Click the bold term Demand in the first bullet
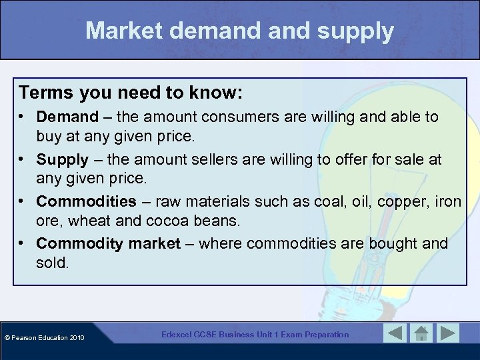tap(67, 117)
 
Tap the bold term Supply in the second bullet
tap(62, 159)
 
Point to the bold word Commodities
tap(86, 201)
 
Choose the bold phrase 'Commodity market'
tap(108, 244)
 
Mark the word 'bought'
tap(388, 244)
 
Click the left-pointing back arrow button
tap(395, 333)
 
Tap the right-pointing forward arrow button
tap(447, 333)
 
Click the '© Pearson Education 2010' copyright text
tap(45, 338)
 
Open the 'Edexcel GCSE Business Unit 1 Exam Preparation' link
tap(255, 335)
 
